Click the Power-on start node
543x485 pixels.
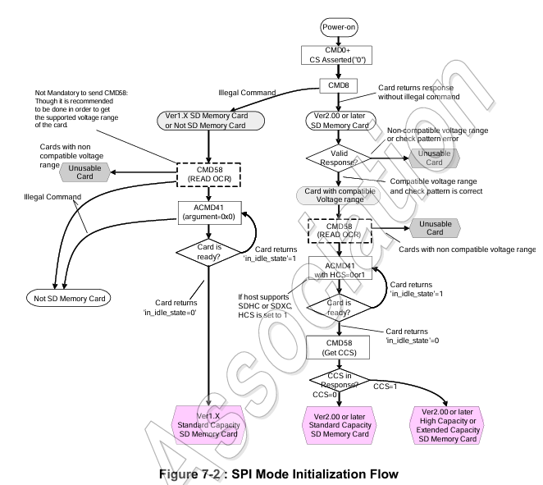339,27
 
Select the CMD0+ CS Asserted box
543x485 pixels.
336,56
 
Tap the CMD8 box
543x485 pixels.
338,85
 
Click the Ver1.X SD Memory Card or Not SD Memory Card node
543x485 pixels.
211,121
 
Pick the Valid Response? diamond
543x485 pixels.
338,158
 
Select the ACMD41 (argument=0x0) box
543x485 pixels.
209,213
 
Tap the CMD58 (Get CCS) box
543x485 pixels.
338,347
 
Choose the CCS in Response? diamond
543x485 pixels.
340,381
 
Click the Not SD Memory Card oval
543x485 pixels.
69,298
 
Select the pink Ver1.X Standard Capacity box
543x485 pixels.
208,425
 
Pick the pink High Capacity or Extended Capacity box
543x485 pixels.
447,425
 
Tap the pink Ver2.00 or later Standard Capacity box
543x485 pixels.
340,425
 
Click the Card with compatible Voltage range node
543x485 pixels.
338,195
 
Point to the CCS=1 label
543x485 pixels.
385,387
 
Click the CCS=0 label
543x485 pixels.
325,395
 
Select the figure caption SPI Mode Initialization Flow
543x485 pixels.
279,474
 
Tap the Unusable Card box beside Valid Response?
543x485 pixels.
434,158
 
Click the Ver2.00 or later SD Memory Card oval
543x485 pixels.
340,121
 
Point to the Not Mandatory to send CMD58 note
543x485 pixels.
81,109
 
